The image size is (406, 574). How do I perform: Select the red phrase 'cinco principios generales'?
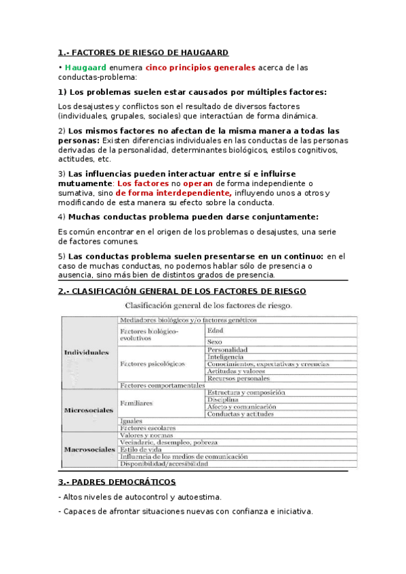200,68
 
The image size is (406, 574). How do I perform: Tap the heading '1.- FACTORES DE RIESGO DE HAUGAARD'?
143,52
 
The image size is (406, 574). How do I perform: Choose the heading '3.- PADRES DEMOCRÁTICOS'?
117,482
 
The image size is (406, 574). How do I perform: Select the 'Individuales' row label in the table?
86,353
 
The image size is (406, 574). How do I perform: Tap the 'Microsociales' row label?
89,410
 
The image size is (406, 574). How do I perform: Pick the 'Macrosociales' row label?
89,449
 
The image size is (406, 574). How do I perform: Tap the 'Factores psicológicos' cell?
152,363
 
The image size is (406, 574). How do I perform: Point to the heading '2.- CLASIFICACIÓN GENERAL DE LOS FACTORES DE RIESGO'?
182,291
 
